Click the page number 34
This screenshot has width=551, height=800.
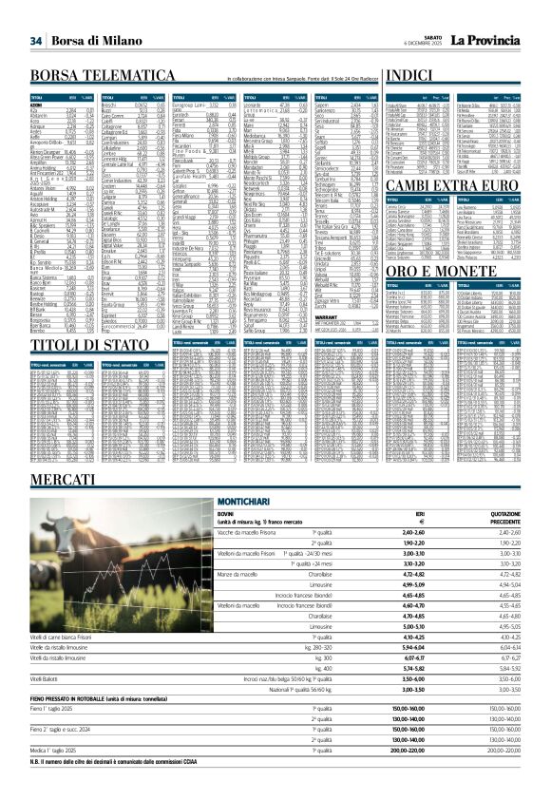36,41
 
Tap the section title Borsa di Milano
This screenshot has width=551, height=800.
91,41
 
